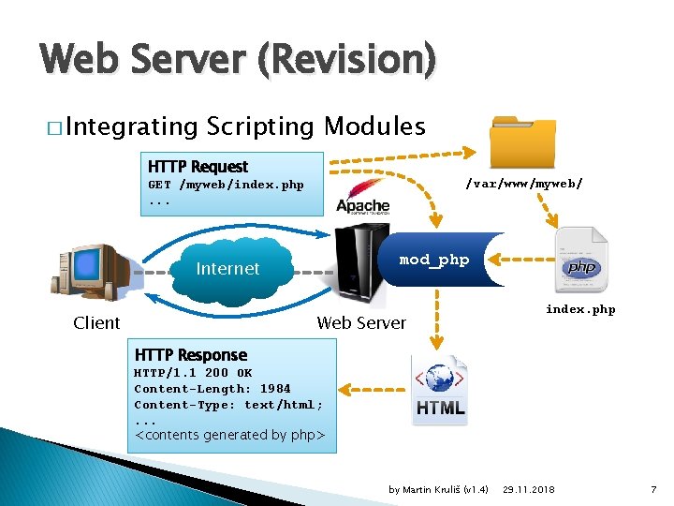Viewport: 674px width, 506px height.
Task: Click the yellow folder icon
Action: [522, 142]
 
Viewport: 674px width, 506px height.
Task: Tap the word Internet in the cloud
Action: [227, 269]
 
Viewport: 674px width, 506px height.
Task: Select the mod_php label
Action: [433, 260]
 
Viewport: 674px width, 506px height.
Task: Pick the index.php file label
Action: [580, 309]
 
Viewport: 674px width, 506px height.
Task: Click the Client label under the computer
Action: [96, 323]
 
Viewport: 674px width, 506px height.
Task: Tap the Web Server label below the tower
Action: [361, 323]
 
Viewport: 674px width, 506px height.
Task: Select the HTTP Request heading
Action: [198, 167]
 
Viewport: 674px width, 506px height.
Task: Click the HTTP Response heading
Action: [191, 355]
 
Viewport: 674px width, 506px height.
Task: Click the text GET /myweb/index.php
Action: [226, 185]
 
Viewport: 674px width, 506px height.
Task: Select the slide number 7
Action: [653, 490]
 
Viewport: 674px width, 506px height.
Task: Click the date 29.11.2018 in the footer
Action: [529, 490]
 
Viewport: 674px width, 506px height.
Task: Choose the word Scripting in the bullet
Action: [261, 126]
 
